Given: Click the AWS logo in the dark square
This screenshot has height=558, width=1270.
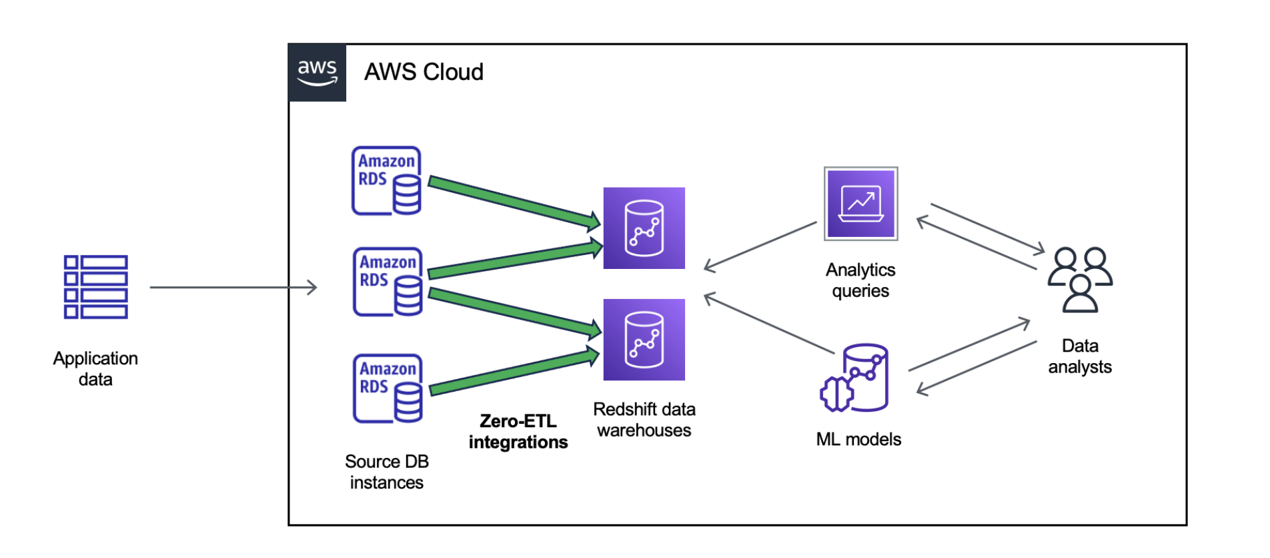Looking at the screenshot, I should [317, 73].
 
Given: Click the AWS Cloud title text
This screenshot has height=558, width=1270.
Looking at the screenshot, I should [424, 72].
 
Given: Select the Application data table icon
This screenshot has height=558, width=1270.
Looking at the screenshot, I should [95, 287].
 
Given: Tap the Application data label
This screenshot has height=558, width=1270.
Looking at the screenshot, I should [95, 368].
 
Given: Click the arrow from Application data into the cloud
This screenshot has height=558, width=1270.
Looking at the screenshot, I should [233, 288].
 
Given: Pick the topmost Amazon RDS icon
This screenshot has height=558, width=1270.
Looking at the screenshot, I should [386, 181].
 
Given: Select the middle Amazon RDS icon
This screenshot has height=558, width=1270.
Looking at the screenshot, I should [388, 282].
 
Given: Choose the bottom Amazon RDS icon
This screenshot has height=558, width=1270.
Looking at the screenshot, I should [388, 388].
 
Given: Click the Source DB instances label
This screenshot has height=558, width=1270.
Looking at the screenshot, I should [386, 472].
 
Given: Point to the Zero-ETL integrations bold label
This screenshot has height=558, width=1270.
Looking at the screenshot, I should [518, 431].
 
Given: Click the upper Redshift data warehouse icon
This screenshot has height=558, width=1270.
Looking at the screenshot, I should [644, 228].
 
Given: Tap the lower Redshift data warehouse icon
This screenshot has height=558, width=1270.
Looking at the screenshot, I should [644, 340].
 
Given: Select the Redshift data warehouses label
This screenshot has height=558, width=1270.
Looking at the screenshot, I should [644, 420].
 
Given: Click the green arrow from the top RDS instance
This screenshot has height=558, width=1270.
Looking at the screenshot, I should [514, 201].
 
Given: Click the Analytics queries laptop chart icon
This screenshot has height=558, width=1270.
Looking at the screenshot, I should [860, 204].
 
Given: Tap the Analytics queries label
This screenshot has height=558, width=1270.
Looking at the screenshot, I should [860, 280].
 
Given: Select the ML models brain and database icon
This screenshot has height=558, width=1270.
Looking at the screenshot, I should [856, 378].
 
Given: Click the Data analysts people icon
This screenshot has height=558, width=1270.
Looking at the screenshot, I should [1080, 279].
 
